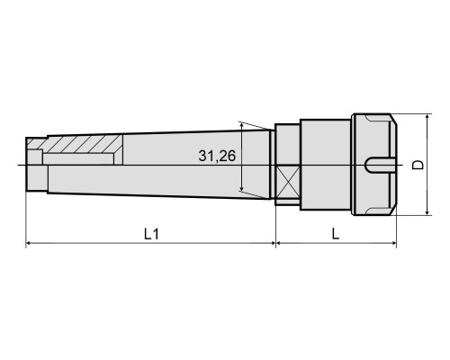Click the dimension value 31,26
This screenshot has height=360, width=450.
(217, 156)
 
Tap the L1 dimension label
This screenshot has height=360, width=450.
(151, 234)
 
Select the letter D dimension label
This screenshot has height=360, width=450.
(418, 165)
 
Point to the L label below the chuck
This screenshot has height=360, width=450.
(336, 233)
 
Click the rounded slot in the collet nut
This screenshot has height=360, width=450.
(381, 165)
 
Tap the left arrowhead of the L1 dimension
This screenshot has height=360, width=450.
(29, 243)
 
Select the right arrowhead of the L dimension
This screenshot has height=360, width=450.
(393, 243)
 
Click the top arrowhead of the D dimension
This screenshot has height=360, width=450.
(427, 117)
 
